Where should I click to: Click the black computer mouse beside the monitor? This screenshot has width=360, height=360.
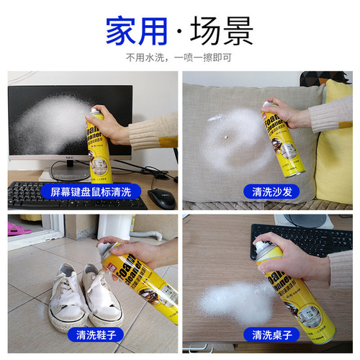(162, 199)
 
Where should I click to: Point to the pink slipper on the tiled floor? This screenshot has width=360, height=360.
(16, 228)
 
